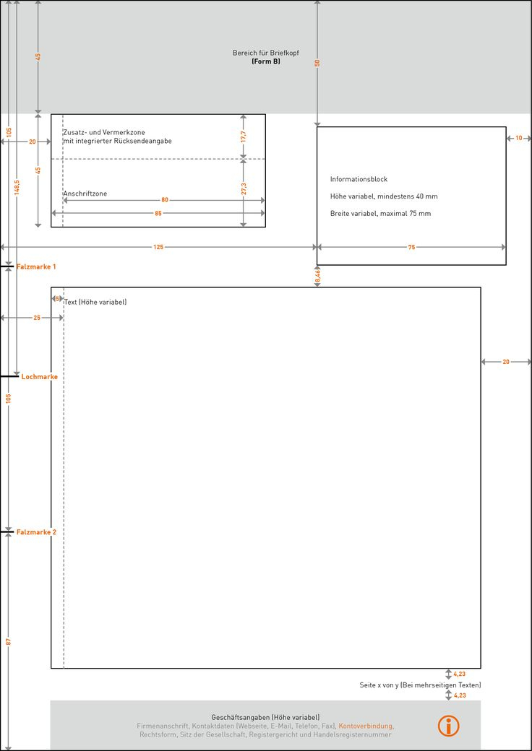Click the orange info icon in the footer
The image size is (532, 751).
(448, 726)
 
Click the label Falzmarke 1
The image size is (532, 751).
(36, 267)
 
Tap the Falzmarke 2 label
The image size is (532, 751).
(36, 532)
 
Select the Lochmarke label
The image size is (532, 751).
(39, 377)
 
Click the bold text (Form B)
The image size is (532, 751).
(265, 62)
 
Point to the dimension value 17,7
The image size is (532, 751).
(244, 136)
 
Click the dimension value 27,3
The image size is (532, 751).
(244, 188)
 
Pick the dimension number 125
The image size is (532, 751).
(158, 247)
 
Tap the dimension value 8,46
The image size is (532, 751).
(317, 275)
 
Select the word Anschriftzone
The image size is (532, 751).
(85, 194)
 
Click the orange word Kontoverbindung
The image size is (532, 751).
(366, 726)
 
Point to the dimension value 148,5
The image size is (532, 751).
(17, 187)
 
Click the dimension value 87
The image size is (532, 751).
(9, 641)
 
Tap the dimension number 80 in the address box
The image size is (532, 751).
(165, 200)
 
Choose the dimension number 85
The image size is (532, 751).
(158, 214)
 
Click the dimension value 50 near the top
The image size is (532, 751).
(317, 63)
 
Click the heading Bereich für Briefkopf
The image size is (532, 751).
(265, 53)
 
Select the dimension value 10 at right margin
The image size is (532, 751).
(518, 138)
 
